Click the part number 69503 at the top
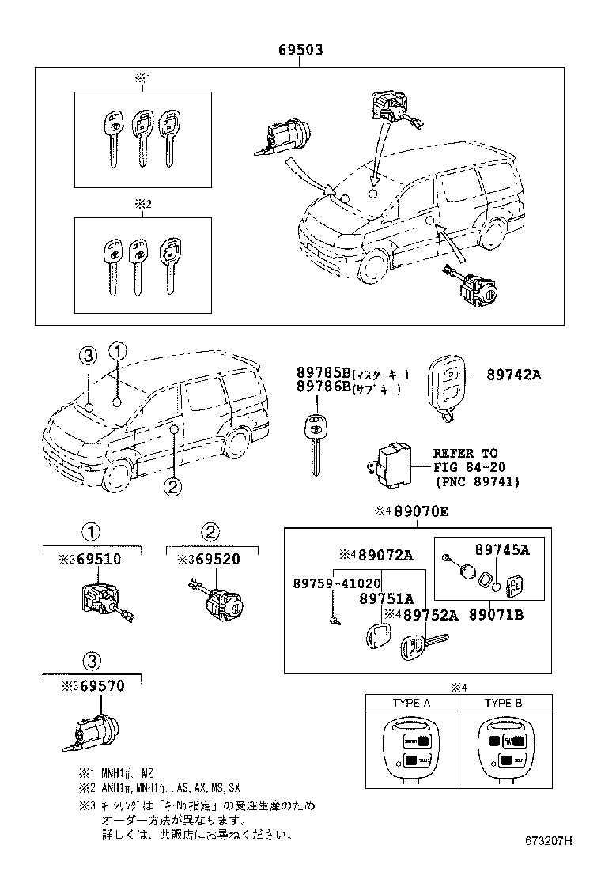tap(300, 51)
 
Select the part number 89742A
tap(513, 375)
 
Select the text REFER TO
tap(465, 453)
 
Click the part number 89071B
tap(496, 614)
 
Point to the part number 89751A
tap(387, 599)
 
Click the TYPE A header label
tap(411, 703)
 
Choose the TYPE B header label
tap(504, 703)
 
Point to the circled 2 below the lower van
tap(173, 486)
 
